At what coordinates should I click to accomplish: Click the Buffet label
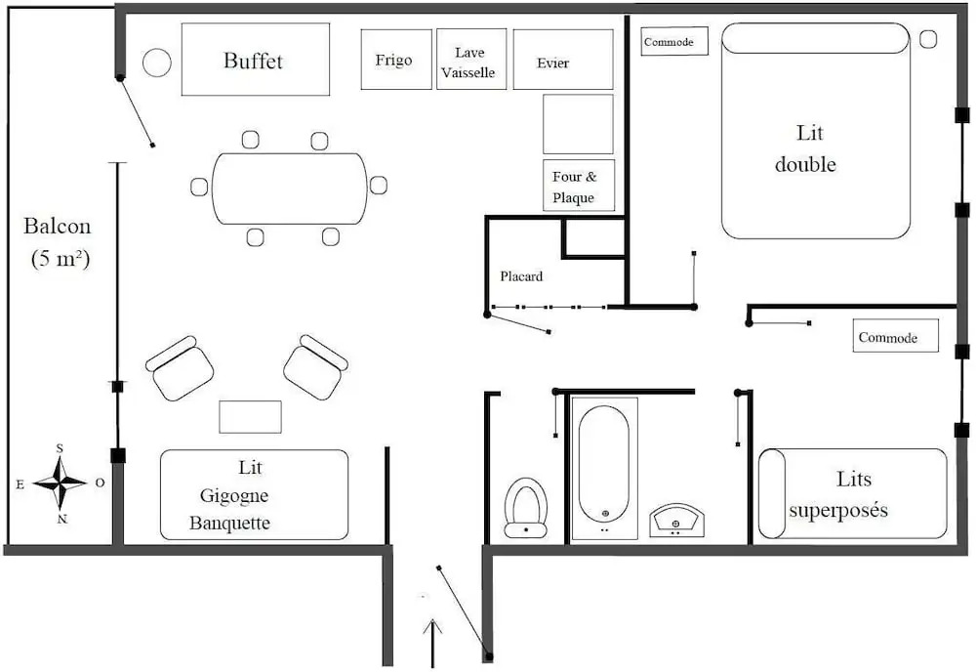(x=253, y=61)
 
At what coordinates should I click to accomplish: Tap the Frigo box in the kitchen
(x=396, y=60)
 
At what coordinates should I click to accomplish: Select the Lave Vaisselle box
(x=471, y=60)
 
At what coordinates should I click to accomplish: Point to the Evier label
(x=552, y=63)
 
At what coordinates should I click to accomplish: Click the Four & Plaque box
(x=579, y=186)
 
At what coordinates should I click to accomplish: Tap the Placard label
(x=521, y=275)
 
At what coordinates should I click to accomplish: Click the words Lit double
(x=806, y=148)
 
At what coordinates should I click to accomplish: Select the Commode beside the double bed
(x=674, y=41)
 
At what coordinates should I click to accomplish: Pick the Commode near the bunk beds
(x=895, y=336)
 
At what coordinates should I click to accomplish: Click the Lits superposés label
(x=839, y=494)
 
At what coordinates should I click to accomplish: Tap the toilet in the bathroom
(x=526, y=508)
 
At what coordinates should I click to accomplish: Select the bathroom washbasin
(x=676, y=521)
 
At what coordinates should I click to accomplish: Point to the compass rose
(x=60, y=483)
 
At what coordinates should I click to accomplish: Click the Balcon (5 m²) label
(x=58, y=242)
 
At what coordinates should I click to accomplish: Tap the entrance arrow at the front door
(x=432, y=643)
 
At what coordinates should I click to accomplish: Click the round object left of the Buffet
(x=157, y=63)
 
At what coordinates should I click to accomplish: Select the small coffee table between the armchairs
(x=250, y=417)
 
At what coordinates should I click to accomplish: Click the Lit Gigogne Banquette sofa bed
(x=254, y=494)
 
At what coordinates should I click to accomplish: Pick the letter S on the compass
(x=60, y=448)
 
